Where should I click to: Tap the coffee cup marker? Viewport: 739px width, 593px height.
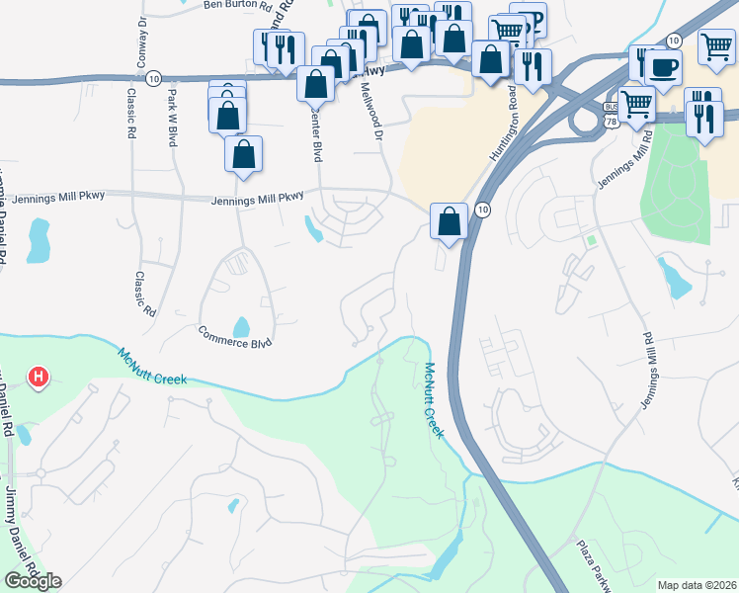[663, 68]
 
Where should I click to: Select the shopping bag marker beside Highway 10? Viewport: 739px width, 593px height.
[450, 222]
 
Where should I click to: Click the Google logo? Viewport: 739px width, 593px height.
[33, 581]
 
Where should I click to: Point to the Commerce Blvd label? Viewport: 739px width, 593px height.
[234, 337]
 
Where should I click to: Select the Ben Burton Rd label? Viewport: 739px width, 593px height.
[235, 5]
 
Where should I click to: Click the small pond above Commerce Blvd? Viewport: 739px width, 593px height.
[241, 326]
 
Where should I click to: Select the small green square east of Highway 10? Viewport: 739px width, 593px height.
[591, 240]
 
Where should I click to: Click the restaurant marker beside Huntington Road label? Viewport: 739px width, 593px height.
[533, 67]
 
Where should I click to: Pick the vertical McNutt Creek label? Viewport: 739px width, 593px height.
[432, 401]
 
